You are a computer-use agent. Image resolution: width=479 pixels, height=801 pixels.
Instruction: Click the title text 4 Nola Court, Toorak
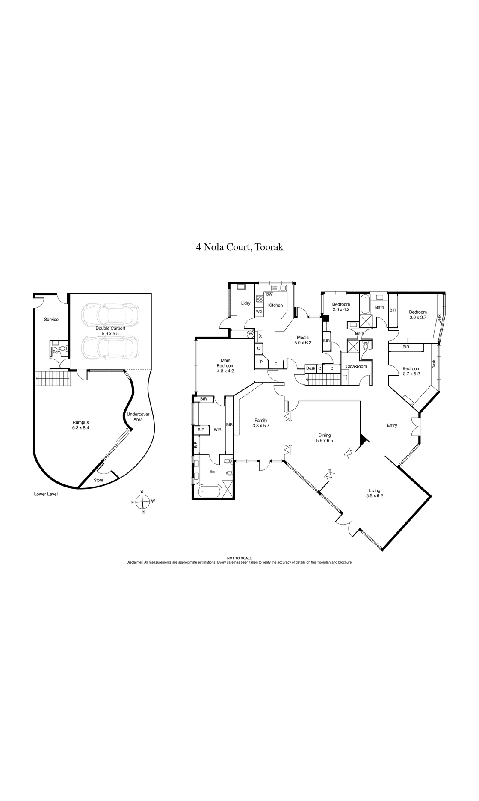[x=239, y=247]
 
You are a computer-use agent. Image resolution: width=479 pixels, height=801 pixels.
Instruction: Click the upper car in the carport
[x=110, y=314]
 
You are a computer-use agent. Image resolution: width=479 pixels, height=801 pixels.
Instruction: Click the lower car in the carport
[x=110, y=347]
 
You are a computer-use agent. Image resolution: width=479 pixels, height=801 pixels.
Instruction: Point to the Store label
[x=98, y=480]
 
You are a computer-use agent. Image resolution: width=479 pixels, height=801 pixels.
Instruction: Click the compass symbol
[x=144, y=501]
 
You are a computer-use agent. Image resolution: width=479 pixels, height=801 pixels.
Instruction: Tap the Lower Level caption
[x=46, y=494]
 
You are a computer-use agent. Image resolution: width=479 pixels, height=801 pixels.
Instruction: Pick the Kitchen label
[x=275, y=305]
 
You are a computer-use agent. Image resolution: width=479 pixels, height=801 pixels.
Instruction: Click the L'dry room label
[x=245, y=303]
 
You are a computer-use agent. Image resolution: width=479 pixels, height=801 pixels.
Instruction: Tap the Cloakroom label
[x=356, y=366]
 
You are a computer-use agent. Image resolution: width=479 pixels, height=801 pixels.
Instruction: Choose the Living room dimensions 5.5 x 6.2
[x=375, y=496]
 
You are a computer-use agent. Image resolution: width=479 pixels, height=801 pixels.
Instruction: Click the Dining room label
[x=324, y=435]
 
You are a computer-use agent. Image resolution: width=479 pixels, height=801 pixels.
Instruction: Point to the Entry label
[x=392, y=425]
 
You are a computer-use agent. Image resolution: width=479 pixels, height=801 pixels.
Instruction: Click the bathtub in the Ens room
[x=210, y=491]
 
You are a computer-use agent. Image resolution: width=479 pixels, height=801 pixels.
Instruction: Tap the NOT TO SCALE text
[x=239, y=558]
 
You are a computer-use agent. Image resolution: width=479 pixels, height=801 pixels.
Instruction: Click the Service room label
[x=51, y=320]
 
